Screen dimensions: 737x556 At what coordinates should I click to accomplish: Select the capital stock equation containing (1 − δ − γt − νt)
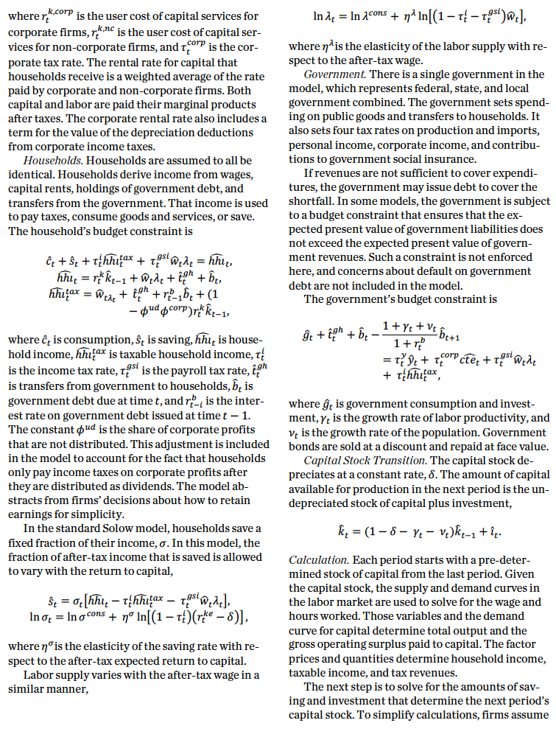coord(420,530)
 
